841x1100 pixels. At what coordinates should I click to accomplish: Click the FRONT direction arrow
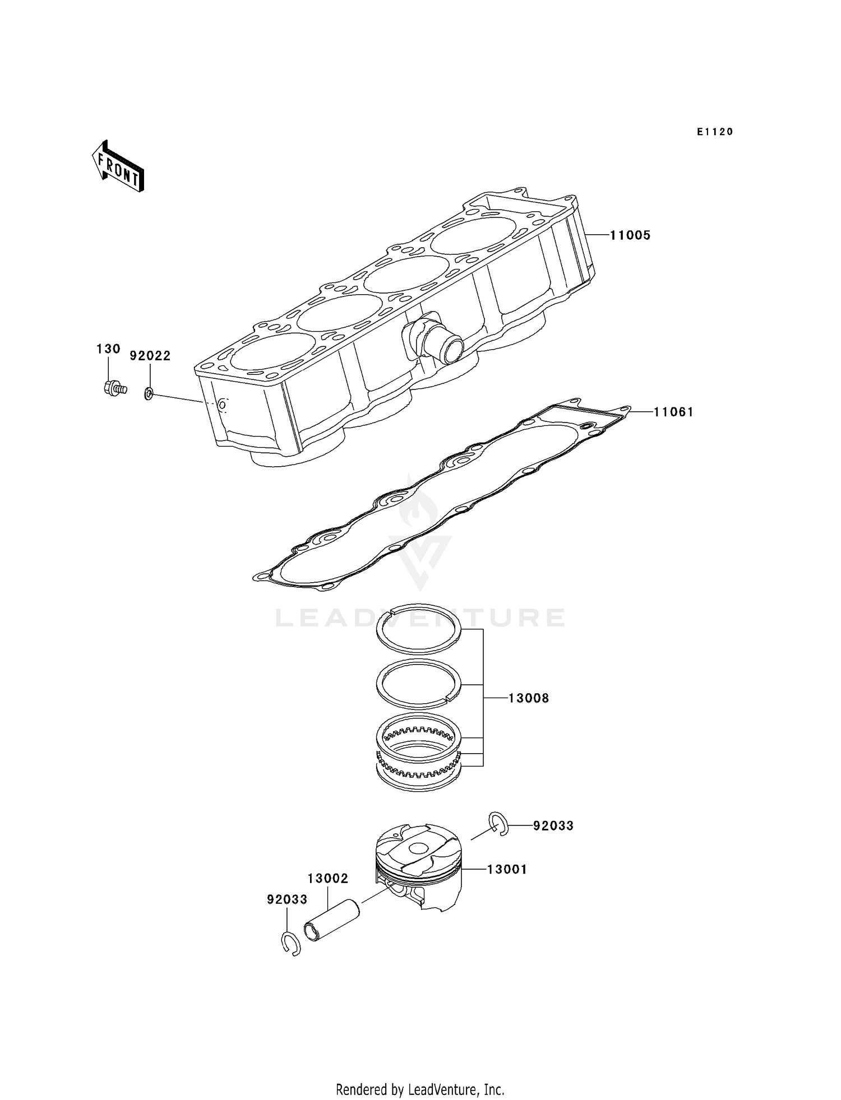click(118, 167)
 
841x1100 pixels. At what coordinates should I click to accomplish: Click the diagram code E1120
click(715, 132)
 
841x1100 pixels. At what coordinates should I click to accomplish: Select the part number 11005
click(630, 235)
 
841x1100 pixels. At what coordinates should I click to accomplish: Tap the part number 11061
click(673, 412)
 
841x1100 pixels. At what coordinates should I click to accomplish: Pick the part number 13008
click(528, 698)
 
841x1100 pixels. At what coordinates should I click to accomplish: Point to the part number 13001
click(507, 869)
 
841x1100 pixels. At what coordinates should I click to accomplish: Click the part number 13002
click(328, 878)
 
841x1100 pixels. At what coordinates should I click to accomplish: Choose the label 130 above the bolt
click(108, 349)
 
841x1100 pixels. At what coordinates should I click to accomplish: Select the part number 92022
click(150, 356)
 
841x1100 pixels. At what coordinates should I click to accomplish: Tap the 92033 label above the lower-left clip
click(287, 899)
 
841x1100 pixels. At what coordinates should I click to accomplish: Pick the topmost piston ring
click(418, 629)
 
